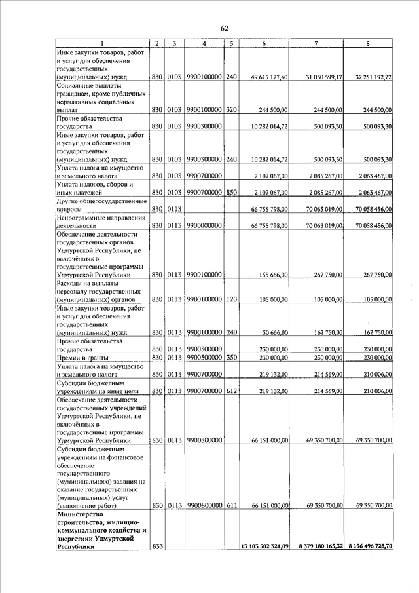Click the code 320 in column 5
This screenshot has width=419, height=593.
(231, 110)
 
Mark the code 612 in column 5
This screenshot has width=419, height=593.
(231, 391)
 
